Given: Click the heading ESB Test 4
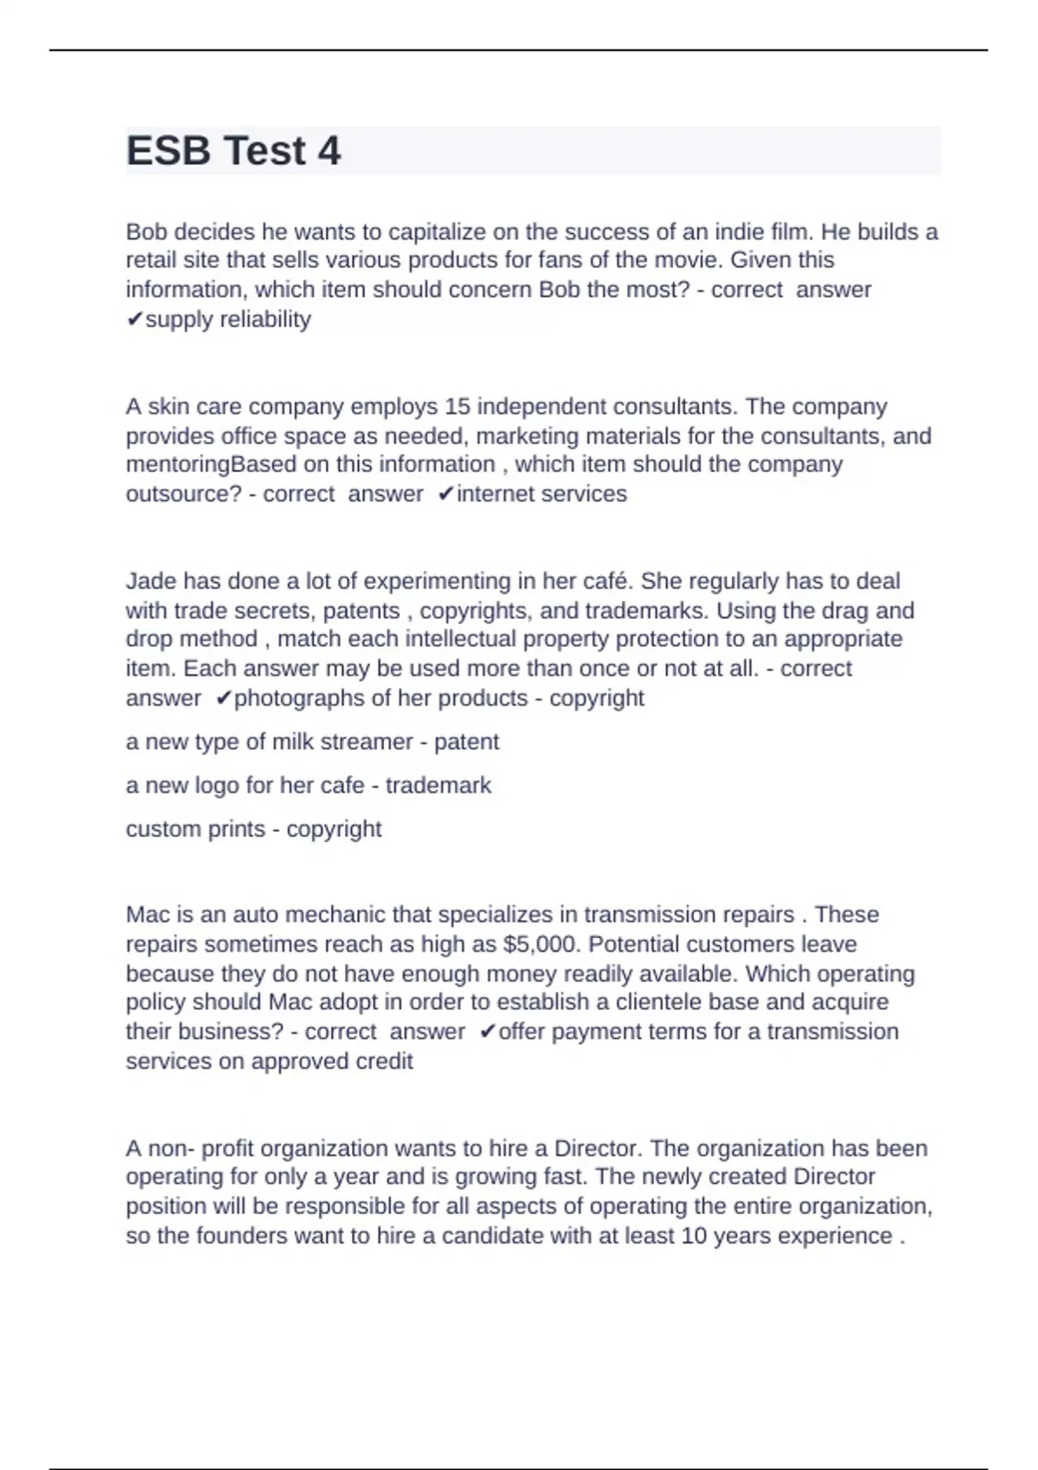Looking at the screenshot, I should coord(234,151).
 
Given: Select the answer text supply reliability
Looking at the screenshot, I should coord(228,319).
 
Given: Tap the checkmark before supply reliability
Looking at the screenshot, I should coord(134,320).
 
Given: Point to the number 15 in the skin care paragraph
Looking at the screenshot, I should coord(458,406).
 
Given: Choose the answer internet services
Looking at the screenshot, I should coord(541,494).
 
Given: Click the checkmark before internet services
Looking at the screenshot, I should coord(445,495).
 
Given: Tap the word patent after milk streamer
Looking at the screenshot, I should coord(466,742).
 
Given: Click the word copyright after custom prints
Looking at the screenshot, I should coord(334,828).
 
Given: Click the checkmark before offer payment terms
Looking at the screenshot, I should coord(488,1032).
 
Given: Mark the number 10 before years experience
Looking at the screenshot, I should coord(694,1236).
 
